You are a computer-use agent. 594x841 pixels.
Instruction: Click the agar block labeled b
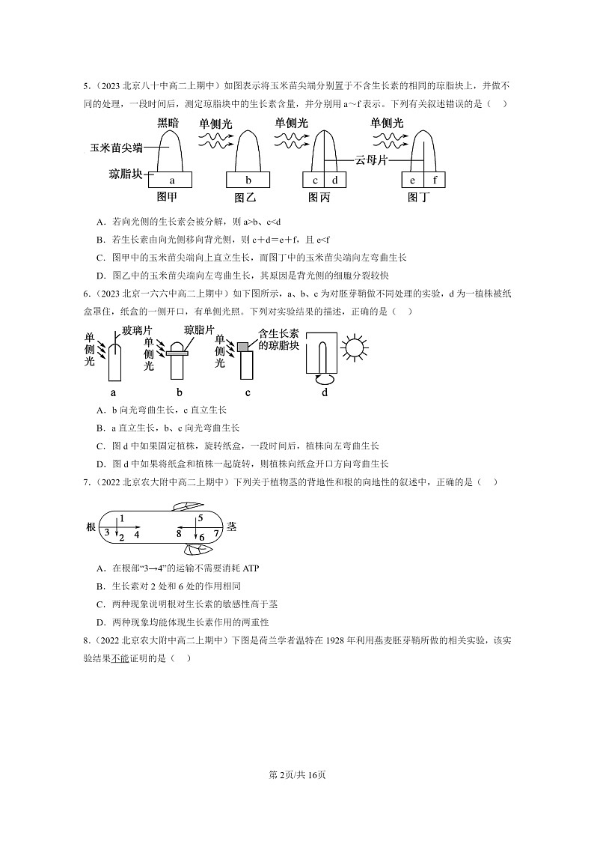point(248,180)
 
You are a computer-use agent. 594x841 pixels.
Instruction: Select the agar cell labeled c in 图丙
point(315,180)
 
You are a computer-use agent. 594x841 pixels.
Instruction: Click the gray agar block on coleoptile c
point(243,345)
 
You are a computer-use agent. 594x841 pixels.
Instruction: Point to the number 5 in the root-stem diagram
point(200,518)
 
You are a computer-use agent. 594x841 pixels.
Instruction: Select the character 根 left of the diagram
point(91,526)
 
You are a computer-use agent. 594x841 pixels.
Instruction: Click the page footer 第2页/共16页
point(297,774)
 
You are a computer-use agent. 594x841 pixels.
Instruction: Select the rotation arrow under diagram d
point(325,380)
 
